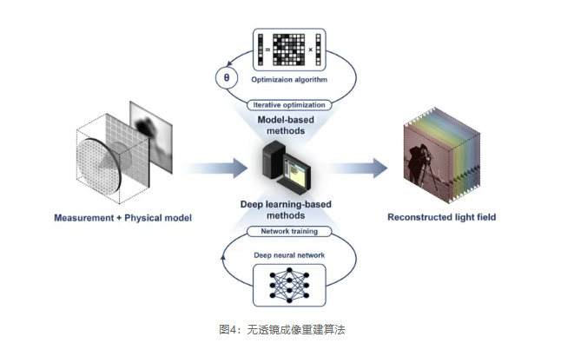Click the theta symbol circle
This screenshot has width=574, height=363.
point(227,78)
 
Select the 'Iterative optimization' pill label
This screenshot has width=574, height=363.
point(289,105)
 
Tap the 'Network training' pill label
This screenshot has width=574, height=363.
point(289,231)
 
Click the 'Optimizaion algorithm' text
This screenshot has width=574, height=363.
point(289,79)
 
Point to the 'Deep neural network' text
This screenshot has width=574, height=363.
point(289,255)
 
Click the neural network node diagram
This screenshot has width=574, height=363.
point(289,285)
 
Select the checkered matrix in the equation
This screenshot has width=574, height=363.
point(289,49)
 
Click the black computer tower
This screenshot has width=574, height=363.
point(273,160)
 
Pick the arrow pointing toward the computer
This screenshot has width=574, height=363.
point(215,168)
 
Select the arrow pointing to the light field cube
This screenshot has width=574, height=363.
point(358,168)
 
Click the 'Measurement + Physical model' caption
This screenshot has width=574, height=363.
point(123,218)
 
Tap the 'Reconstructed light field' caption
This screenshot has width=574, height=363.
point(442,217)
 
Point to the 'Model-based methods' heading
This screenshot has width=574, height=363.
point(286,125)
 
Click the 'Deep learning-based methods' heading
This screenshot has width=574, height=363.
point(286,209)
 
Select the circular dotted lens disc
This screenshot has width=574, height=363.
point(99,166)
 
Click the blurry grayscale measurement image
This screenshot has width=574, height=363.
point(151,137)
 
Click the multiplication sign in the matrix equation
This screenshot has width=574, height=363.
point(310,49)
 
